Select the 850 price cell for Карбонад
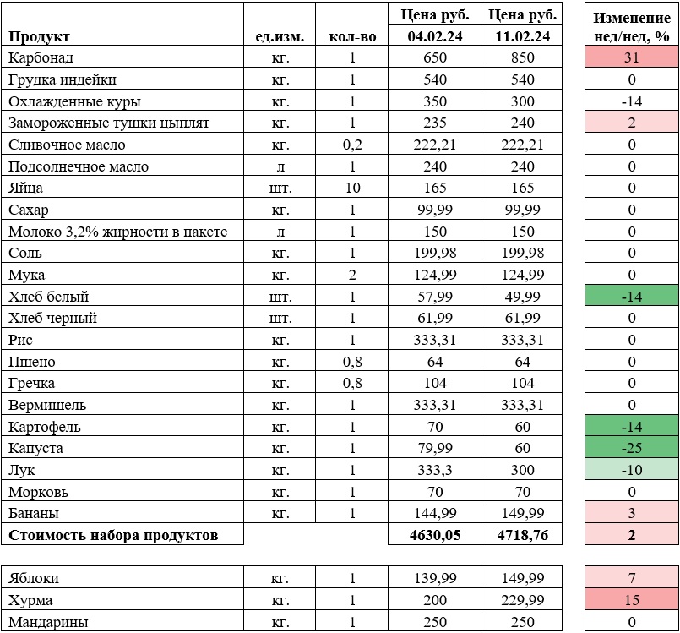point(523,57)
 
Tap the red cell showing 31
point(631,57)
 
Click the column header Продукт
point(39,36)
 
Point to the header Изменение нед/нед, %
point(631,26)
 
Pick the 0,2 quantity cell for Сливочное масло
point(352,145)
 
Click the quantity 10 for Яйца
point(352,188)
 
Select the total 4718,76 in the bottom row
point(523,535)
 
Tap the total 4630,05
point(432,535)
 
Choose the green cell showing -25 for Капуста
point(631,448)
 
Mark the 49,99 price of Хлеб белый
point(523,297)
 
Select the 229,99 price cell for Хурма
point(523,601)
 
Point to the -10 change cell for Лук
point(631,470)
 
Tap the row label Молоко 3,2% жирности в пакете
point(117,232)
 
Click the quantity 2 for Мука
point(352,275)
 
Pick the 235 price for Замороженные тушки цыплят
point(432,123)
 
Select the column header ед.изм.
point(280,36)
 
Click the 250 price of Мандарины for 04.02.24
point(432,623)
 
